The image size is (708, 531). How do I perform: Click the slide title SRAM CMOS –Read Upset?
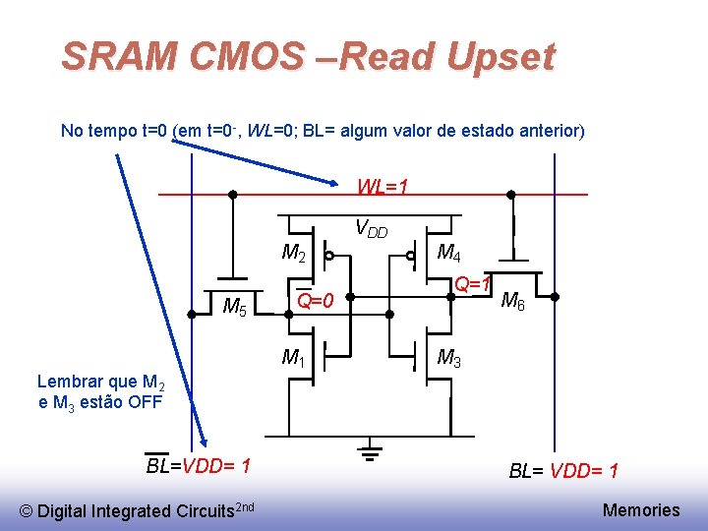point(308,56)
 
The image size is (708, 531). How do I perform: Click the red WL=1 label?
point(383,186)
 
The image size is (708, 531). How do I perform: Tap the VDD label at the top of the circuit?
point(371,231)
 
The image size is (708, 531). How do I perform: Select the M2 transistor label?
point(294,254)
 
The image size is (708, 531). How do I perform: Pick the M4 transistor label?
point(449,254)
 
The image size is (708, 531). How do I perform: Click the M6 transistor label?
point(512,301)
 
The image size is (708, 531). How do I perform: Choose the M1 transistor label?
point(293,357)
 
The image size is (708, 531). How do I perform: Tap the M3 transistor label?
point(449,358)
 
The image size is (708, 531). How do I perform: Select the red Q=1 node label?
point(472,284)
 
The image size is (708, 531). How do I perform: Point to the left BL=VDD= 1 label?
point(198,465)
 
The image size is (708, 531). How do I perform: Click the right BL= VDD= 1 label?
point(563,471)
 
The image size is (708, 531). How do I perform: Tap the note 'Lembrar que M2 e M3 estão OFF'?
point(99,391)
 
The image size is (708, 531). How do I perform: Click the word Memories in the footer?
point(640,509)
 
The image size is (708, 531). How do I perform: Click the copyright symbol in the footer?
point(28,510)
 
